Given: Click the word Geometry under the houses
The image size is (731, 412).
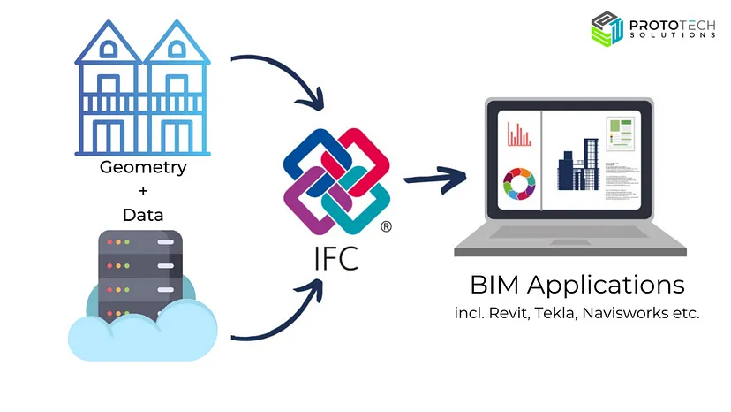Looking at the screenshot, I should pyautogui.click(x=143, y=168).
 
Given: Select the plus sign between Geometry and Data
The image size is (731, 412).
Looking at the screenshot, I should pyautogui.click(x=143, y=192).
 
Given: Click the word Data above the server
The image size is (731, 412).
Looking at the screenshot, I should pyautogui.click(x=143, y=215).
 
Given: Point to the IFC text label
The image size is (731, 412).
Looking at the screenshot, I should pyautogui.click(x=336, y=259).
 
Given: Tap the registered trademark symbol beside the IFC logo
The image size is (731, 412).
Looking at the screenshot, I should pyautogui.click(x=386, y=227).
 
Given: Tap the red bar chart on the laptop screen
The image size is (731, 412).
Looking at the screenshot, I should pyautogui.click(x=519, y=134).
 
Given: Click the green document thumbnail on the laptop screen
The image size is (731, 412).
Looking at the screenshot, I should pyautogui.click(x=620, y=138).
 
